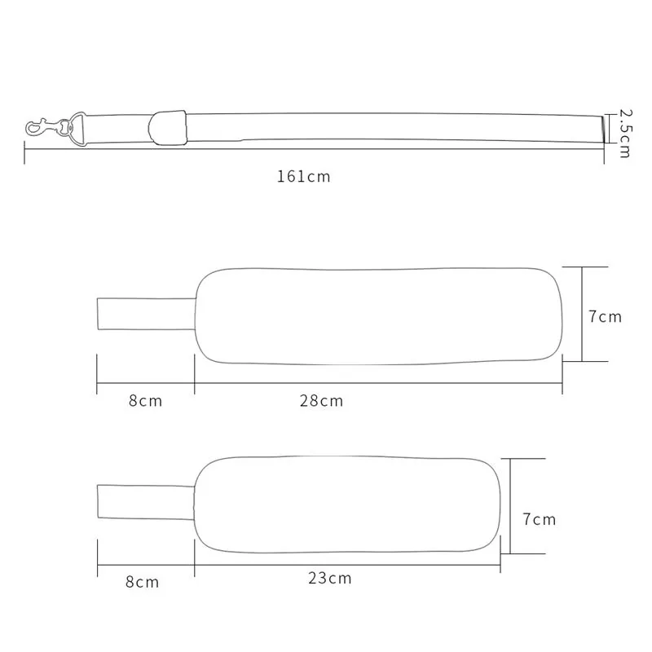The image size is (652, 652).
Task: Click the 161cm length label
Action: coord(303,177)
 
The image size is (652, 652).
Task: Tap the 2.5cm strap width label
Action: coord(625,133)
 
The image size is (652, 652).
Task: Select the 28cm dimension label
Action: coord(321,401)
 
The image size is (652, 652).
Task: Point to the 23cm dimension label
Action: coord(330,579)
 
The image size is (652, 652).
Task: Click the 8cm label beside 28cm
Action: coord(145,401)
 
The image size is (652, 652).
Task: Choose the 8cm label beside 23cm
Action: coord(142,582)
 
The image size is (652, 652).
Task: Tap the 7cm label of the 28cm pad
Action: coord(605,317)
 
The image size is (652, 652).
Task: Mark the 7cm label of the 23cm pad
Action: coord(540,519)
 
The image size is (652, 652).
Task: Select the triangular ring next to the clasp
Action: coord(78,129)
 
